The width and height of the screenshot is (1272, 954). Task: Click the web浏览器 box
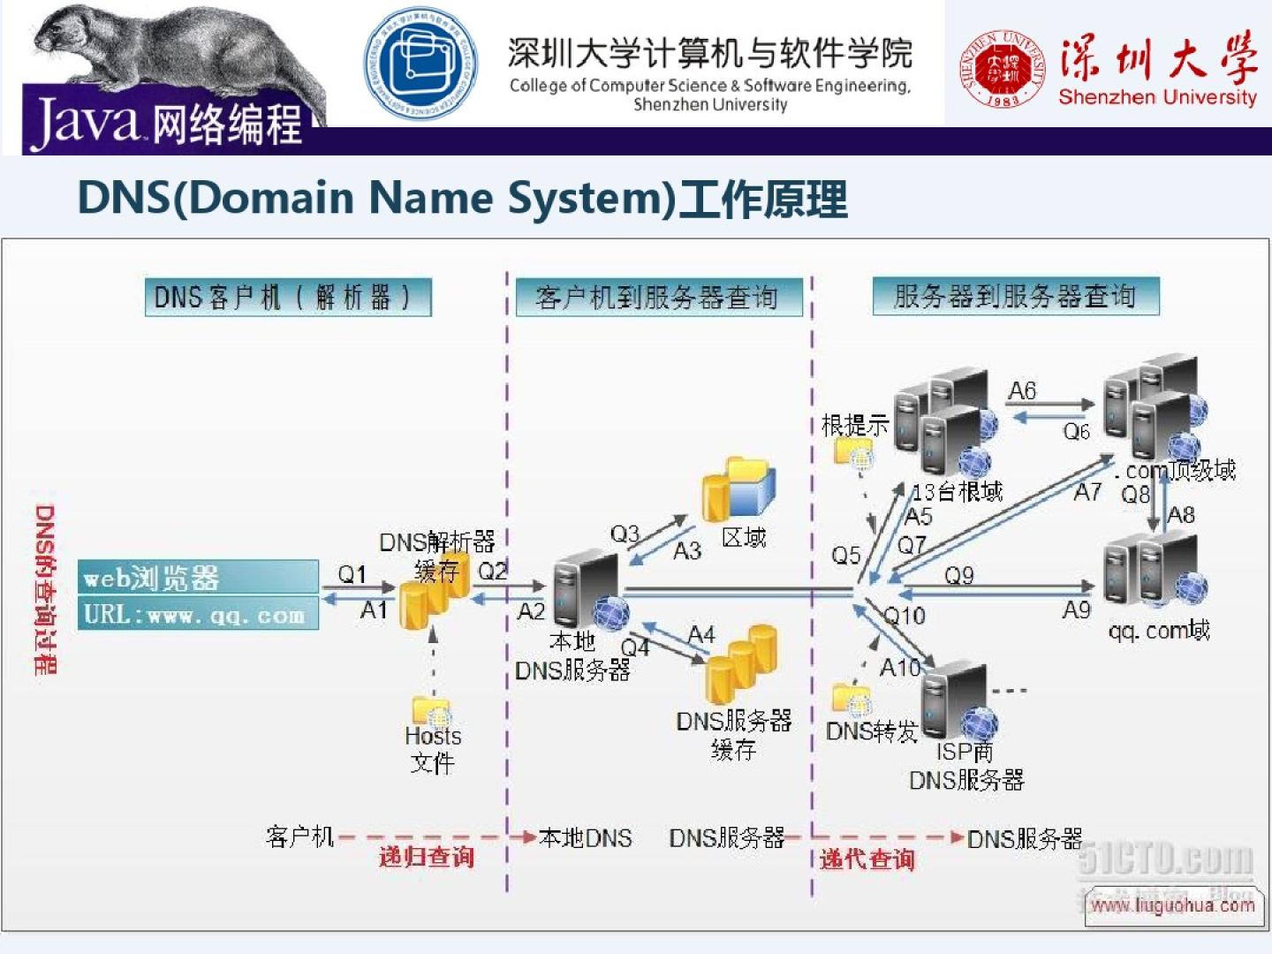[x=197, y=577]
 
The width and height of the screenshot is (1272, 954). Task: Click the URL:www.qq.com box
[x=197, y=613]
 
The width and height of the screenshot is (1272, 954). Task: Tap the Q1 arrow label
[x=352, y=574]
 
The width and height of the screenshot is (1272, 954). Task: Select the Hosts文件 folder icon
[x=431, y=711]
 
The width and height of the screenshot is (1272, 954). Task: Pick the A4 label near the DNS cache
[x=701, y=634]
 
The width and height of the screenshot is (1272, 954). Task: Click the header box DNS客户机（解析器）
[x=288, y=298]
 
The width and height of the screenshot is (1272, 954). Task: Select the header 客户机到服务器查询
[x=657, y=298]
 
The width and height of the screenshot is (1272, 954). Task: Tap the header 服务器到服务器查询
[x=1015, y=296]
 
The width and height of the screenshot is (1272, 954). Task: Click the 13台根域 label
[x=958, y=491]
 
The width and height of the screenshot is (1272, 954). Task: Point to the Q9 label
[x=959, y=575]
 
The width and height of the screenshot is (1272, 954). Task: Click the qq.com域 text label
[x=1159, y=631]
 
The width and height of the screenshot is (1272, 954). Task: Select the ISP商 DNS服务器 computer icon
[x=958, y=701]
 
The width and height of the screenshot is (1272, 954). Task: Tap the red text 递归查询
[x=427, y=856]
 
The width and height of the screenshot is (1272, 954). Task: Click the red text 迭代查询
[x=867, y=859]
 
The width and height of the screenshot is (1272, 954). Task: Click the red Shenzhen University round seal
[x=1002, y=69]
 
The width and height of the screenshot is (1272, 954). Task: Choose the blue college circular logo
[x=421, y=64]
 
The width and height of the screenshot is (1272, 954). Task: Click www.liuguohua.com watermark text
[x=1172, y=905]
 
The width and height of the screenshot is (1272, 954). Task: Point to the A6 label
[x=1022, y=390]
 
